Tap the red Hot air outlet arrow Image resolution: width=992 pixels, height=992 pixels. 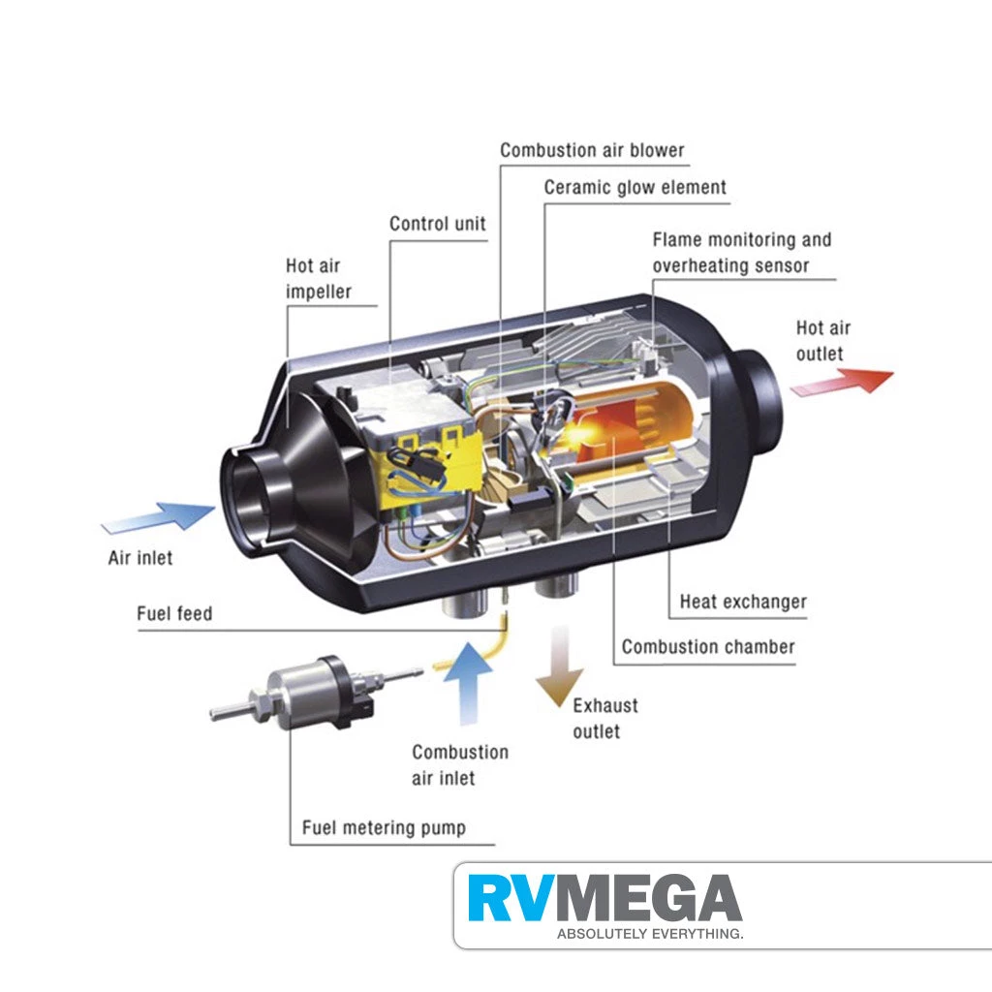click(843, 382)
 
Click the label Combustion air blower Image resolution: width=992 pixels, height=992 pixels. click(592, 150)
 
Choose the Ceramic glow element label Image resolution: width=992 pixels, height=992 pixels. click(635, 188)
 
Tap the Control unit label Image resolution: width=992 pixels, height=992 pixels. click(438, 224)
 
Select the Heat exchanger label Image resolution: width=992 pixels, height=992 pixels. click(743, 602)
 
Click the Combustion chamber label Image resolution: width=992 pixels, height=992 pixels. click(708, 646)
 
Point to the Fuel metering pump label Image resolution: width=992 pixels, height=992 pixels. click(384, 827)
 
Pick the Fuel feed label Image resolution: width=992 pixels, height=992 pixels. click(174, 613)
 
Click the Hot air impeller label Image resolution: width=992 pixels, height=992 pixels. click(318, 278)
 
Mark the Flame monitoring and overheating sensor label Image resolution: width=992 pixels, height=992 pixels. click(742, 253)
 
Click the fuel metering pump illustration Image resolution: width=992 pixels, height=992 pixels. click(317, 692)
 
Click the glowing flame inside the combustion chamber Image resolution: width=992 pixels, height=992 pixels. click(579, 434)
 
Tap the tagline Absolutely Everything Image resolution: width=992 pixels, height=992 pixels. click(650, 934)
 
